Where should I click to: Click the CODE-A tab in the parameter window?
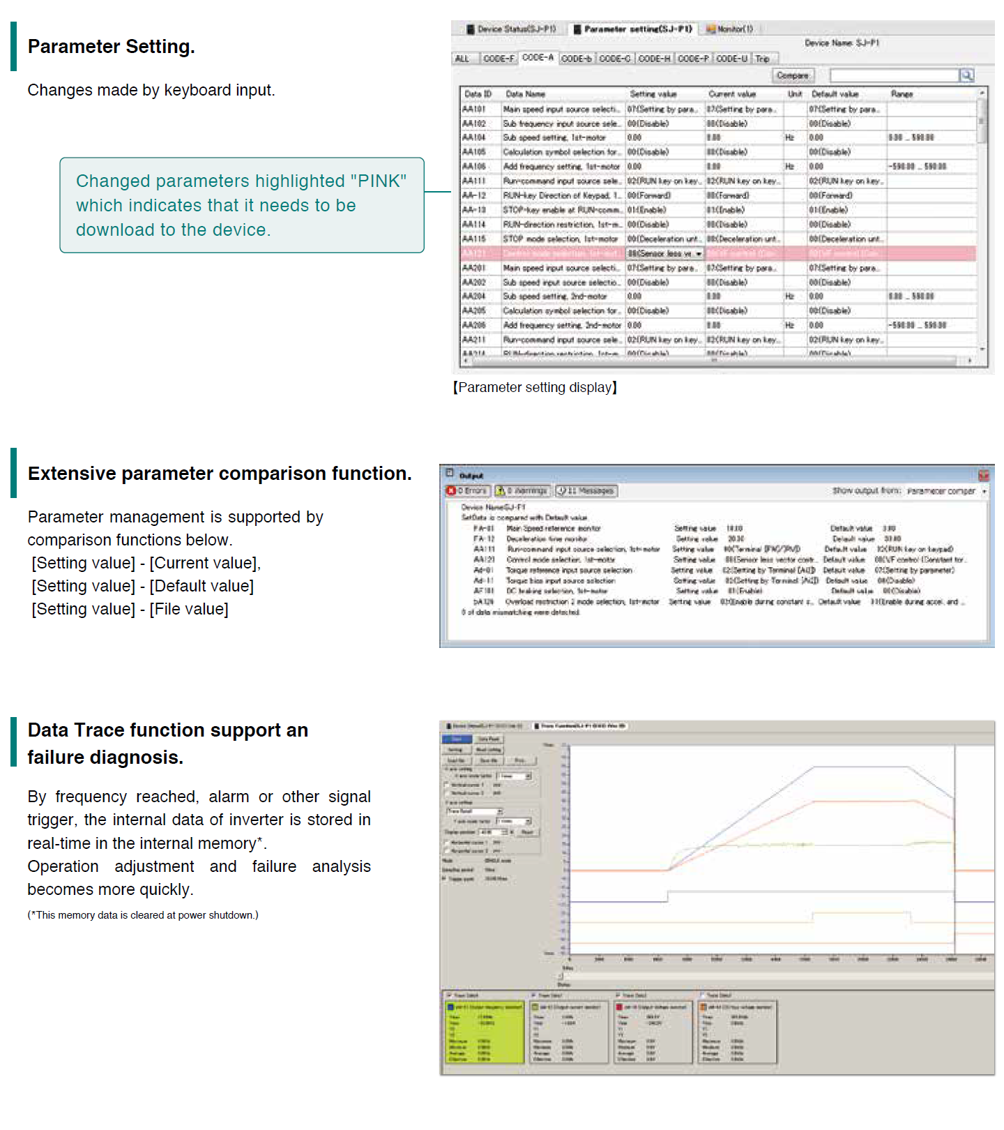point(538,58)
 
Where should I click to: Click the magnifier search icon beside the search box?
point(966,75)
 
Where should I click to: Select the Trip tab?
point(762,59)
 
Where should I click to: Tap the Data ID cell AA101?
point(474,110)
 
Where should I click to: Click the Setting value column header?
point(653,94)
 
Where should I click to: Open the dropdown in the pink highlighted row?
point(699,254)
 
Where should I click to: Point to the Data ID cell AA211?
point(474,340)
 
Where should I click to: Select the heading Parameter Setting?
point(112,47)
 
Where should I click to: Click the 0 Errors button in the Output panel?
point(467,491)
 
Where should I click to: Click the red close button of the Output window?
point(984,476)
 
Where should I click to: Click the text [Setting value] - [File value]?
point(130,609)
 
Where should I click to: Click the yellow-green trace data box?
point(485,1032)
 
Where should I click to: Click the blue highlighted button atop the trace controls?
point(457,739)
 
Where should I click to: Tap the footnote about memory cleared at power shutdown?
point(143,915)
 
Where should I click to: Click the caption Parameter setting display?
point(535,388)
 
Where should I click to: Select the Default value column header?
point(835,94)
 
